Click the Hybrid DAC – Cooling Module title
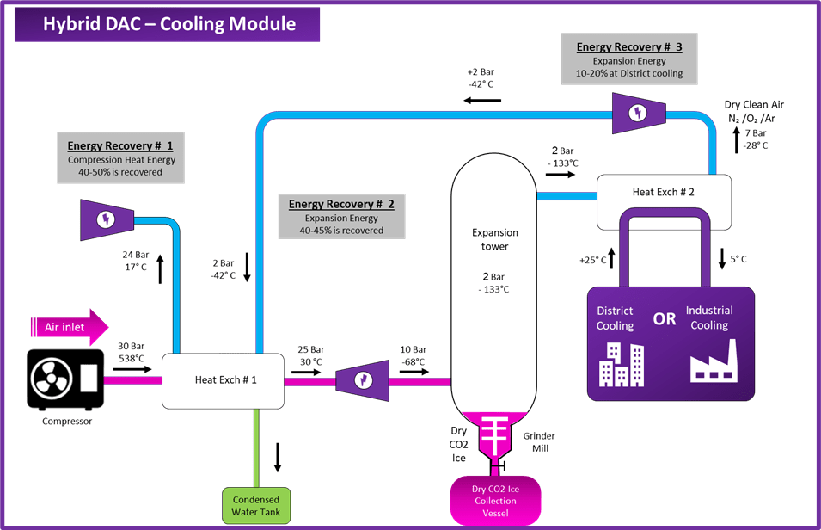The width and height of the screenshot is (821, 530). point(170,23)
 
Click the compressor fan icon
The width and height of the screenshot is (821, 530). point(51,379)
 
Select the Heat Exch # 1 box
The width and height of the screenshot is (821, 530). point(224,379)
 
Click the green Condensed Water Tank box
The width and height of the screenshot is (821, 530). point(255,506)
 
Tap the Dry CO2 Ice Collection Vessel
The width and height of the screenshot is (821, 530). point(495,501)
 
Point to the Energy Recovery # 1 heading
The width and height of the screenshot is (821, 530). point(120,145)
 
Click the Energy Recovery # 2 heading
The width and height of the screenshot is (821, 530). point(341,204)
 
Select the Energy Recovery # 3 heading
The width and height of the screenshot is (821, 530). point(629,46)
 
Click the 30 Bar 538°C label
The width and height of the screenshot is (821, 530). point(130,353)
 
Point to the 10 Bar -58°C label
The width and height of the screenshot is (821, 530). point(414,355)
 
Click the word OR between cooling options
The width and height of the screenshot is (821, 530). point(665,319)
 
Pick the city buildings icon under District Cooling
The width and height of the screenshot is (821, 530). point(621,365)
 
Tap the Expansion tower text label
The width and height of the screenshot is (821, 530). point(495,239)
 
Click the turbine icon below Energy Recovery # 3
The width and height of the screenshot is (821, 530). point(637,112)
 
